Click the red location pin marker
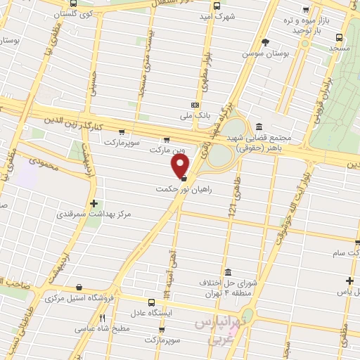point(181,166)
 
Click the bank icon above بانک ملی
point(195,105)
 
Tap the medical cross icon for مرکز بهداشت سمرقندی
point(94,203)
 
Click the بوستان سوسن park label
point(264,53)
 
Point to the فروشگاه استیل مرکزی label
point(82,297)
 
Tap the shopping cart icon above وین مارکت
point(166,139)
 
